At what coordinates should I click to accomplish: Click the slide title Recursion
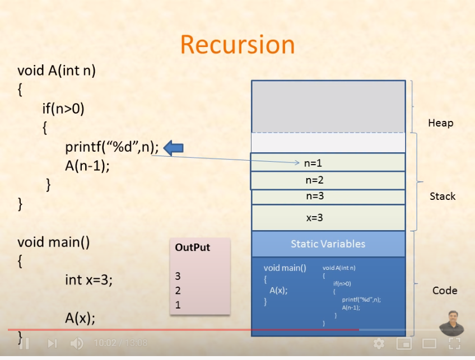click(237, 45)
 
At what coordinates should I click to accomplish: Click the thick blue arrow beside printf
click(174, 148)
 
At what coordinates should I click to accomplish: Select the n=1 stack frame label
click(313, 163)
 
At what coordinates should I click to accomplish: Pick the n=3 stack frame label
click(314, 197)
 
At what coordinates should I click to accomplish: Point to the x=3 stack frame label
click(314, 218)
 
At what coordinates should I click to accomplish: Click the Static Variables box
click(328, 244)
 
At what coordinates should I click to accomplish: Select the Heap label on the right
click(440, 123)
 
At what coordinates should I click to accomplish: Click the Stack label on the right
click(443, 197)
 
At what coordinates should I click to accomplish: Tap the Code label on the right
click(445, 291)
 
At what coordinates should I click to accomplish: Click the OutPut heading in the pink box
click(193, 247)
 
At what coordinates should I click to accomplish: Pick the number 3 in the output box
click(178, 276)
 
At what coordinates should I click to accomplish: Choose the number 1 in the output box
click(178, 305)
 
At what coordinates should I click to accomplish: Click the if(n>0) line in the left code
click(63, 108)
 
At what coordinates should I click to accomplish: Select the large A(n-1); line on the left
click(86, 166)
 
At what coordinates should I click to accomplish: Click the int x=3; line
click(89, 279)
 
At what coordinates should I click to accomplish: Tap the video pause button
click(24, 343)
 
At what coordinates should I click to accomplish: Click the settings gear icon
click(379, 343)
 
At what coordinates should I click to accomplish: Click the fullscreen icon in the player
click(454, 343)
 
